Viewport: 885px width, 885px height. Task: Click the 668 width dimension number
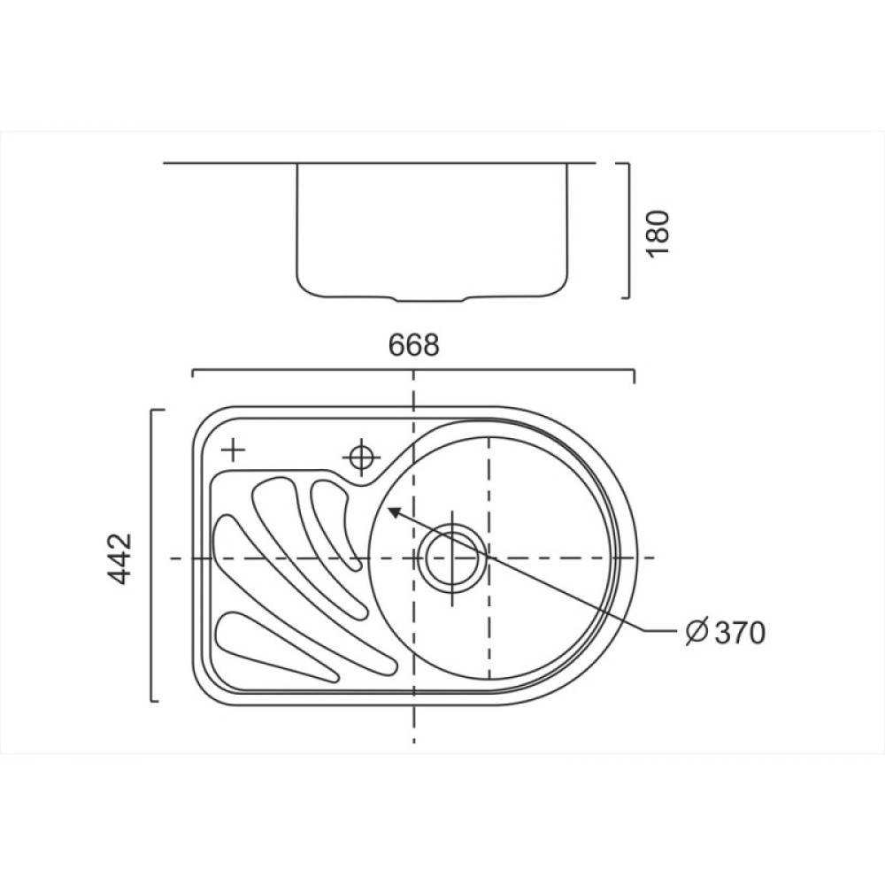click(413, 345)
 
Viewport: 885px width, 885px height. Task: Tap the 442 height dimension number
click(119, 558)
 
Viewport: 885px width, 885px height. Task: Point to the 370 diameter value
click(739, 633)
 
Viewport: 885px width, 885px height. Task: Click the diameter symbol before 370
click(696, 632)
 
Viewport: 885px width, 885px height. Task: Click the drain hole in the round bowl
click(452, 558)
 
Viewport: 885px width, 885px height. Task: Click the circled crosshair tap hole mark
click(361, 457)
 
